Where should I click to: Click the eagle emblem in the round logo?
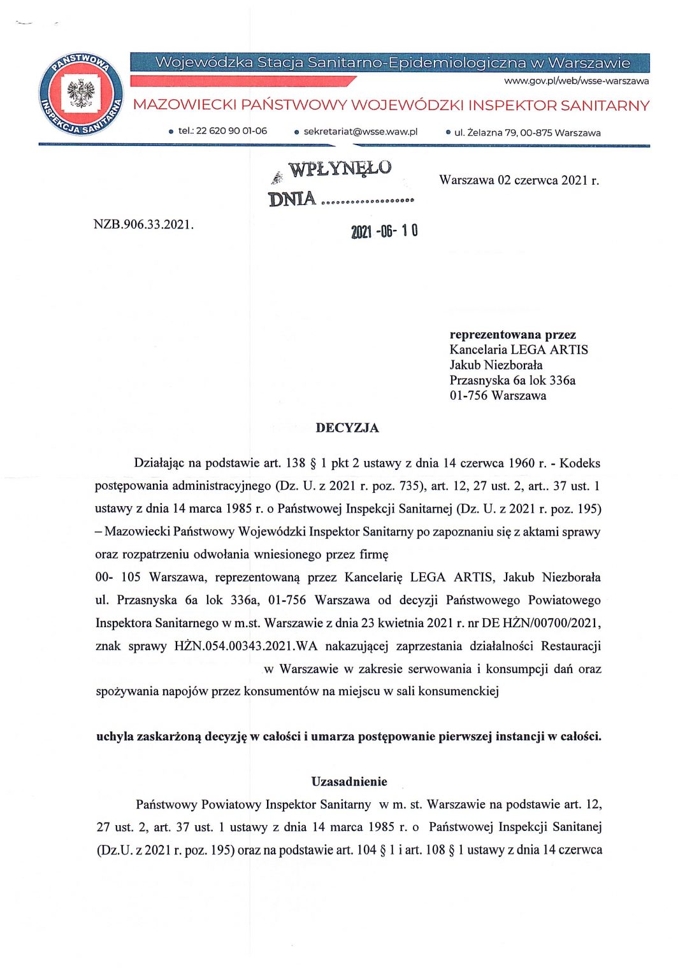81,94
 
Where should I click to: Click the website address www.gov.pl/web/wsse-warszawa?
576,81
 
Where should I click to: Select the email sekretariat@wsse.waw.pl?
360,132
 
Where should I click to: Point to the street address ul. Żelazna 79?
484,132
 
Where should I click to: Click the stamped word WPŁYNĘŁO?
340,169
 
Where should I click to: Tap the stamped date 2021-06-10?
384,231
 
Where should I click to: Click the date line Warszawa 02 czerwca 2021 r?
519,180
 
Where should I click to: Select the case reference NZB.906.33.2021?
143,224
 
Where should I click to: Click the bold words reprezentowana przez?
512,334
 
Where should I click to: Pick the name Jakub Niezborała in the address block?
496,365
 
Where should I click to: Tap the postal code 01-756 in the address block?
468,395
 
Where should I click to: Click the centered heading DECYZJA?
347,428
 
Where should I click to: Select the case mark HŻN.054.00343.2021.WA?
245,646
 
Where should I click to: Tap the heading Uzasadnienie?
349,781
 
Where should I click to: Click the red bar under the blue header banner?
242,81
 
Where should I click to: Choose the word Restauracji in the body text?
570,646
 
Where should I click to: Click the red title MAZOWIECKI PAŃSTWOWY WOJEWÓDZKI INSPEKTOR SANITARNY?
391,105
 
